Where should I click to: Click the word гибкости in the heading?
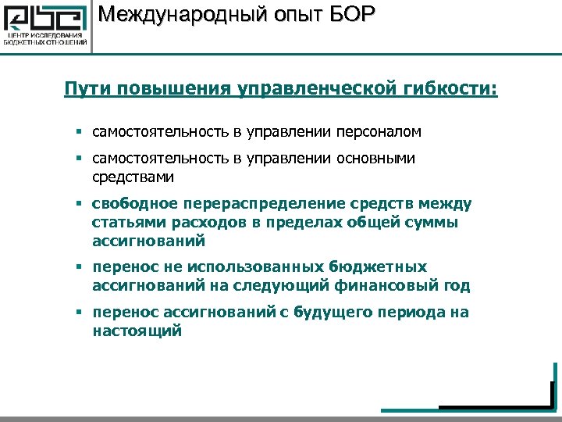446,88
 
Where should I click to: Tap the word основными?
376,159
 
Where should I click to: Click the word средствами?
133,177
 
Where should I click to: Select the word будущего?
339,313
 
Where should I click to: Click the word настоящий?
137,331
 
